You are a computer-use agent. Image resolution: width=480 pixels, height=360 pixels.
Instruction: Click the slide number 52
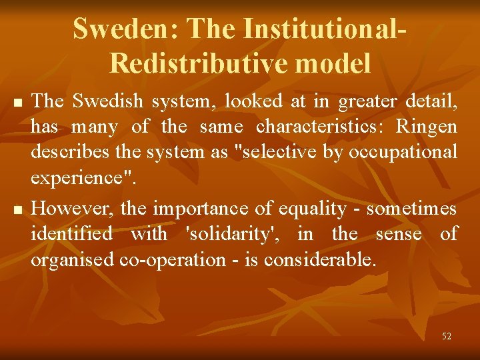tap(446, 337)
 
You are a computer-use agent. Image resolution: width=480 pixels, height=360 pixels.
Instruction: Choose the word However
tap(73, 209)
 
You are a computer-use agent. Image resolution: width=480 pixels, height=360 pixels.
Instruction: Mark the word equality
tap(313, 209)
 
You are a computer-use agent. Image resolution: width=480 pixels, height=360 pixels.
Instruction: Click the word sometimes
tap(413, 209)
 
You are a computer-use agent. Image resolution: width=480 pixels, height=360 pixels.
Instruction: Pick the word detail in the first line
tap(431, 101)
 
